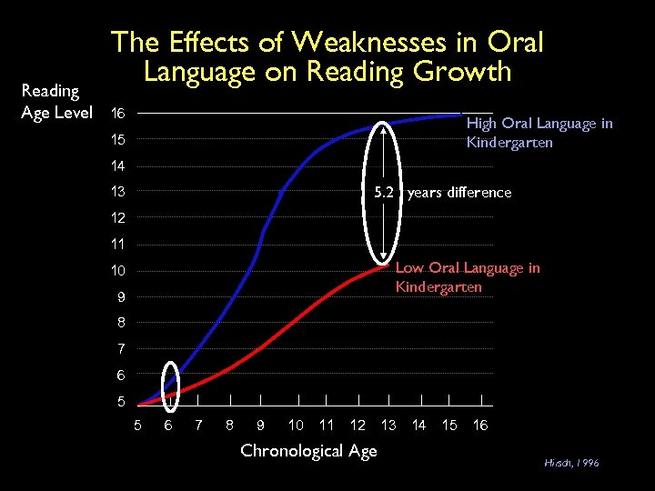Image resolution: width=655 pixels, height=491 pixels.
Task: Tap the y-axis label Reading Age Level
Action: point(56,102)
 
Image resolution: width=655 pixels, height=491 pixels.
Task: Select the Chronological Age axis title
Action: point(308,451)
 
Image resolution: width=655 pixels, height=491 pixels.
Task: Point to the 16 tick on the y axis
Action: point(117,115)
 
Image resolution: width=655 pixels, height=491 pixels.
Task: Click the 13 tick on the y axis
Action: point(117,192)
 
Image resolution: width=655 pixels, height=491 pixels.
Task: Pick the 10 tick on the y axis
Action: point(117,271)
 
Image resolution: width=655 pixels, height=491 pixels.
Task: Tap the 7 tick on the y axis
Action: point(121,349)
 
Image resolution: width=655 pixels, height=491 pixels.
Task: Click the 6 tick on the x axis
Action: point(169,425)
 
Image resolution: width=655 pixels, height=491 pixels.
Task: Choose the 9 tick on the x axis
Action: point(261,425)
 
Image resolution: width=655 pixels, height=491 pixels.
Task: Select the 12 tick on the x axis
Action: point(358,425)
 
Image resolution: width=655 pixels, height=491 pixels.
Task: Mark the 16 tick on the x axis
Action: point(480,425)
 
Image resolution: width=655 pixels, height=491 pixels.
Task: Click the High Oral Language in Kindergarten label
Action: point(539,133)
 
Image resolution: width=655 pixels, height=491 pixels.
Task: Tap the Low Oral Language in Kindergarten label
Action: point(468,277)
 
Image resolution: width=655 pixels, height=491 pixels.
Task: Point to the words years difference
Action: point(459,193)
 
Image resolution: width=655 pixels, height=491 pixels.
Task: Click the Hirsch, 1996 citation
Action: point(572,463)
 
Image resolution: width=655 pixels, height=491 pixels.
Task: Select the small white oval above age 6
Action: point(170,380)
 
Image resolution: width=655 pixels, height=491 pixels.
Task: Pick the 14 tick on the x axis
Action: point(419,425)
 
